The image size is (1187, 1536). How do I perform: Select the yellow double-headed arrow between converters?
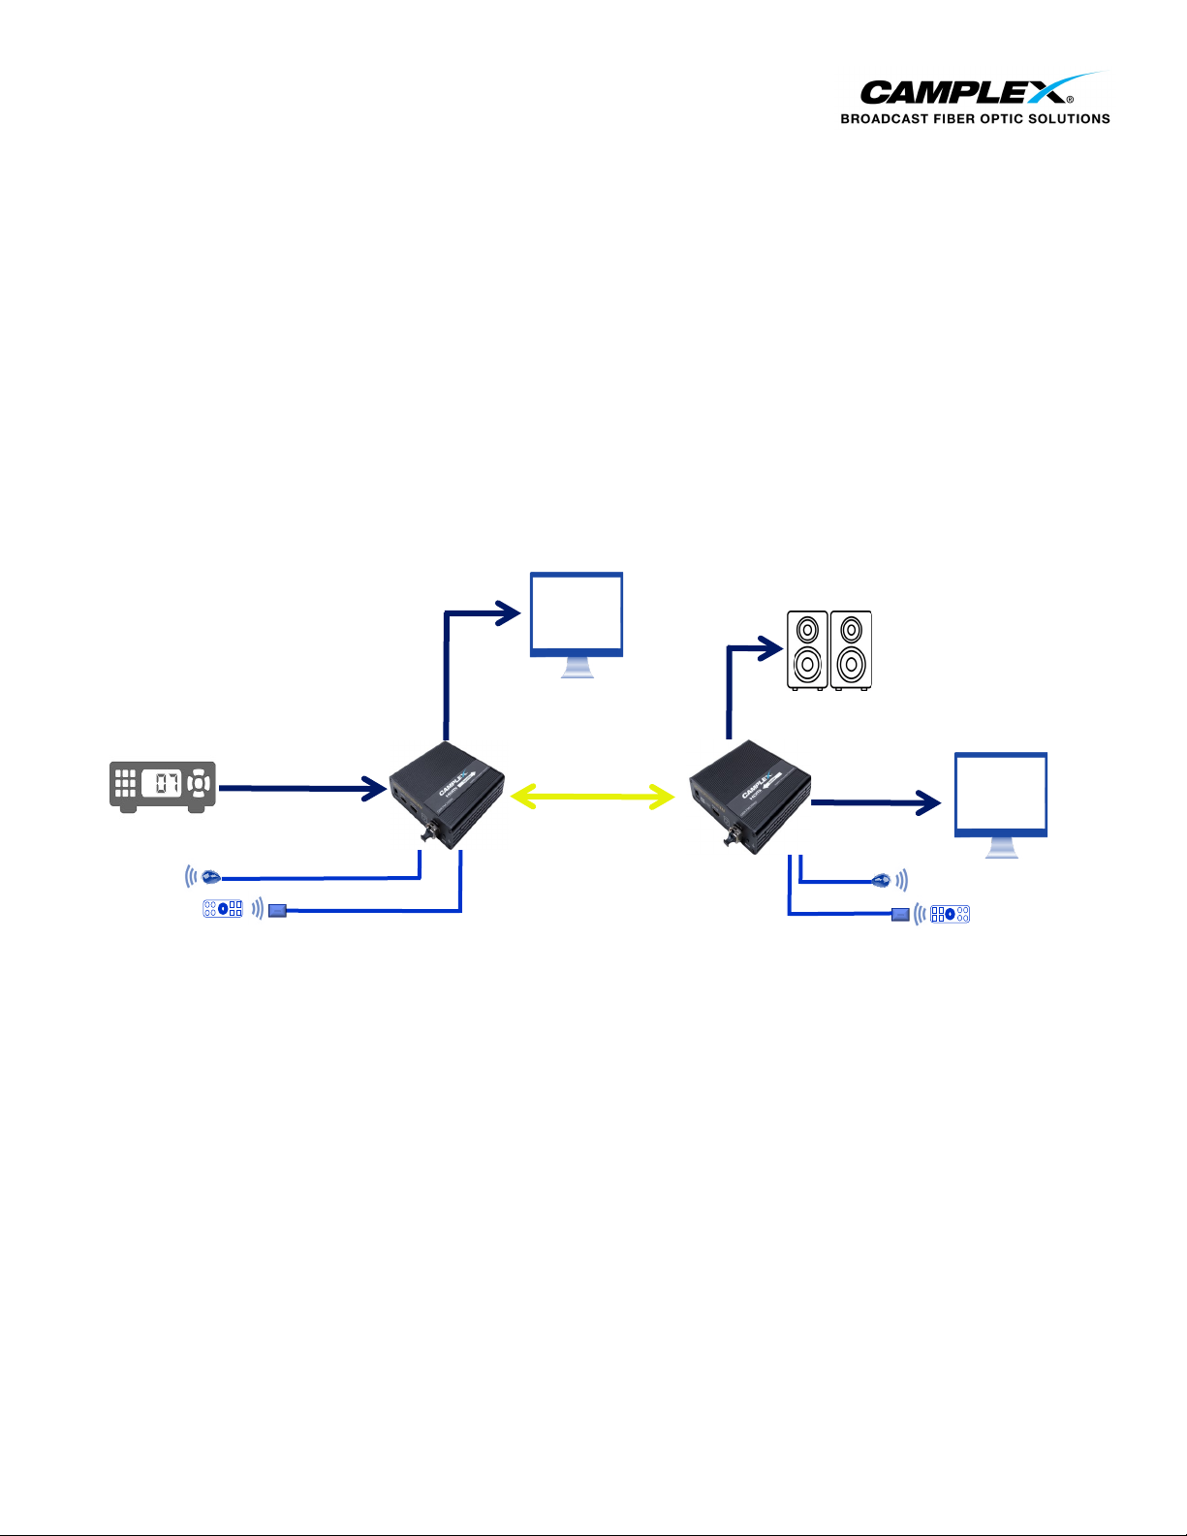(592, 797)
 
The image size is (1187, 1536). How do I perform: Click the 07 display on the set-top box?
(162, 783)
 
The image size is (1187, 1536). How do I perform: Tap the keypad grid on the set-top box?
(125, 783)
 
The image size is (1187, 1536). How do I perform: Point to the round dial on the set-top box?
(198, 783)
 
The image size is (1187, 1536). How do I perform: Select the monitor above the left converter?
(577, 620)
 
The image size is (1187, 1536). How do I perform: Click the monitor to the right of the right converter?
(1001, 800)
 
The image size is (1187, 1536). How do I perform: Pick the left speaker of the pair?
(807, 649)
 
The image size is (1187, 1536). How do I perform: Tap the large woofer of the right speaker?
(851, 665)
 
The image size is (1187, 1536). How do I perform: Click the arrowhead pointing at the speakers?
(770, 647)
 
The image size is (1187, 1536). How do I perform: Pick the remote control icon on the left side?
(223, 909)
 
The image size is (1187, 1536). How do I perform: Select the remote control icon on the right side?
(950, 914)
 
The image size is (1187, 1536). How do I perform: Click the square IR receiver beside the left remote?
(278, 910)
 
